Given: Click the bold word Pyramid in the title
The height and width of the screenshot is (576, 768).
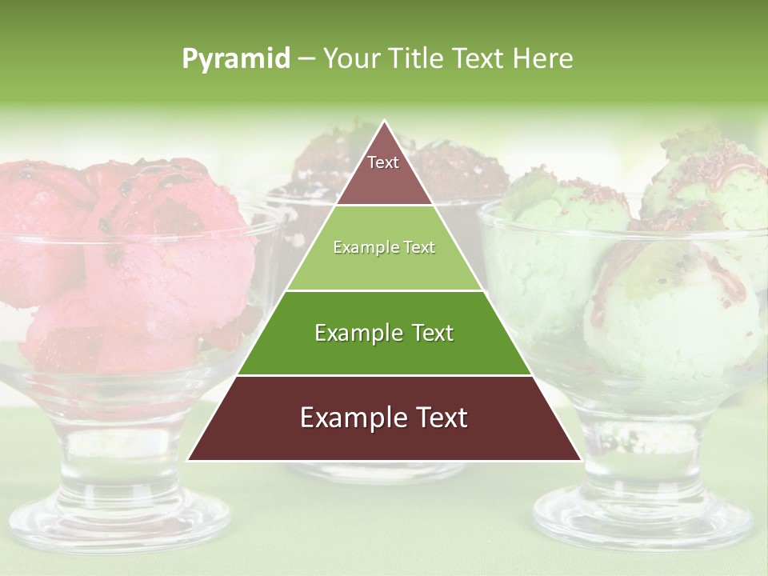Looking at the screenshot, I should pyautogui.click(x=235, y=59).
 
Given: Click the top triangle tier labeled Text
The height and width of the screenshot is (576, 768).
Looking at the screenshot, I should pyautogui.click(x=383, y=172).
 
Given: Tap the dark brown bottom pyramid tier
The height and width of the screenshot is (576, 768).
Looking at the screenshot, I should pyautogui.click(x=384, y=432).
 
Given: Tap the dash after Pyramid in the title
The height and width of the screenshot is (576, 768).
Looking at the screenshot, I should pyautogui.click(x=305, y=59).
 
